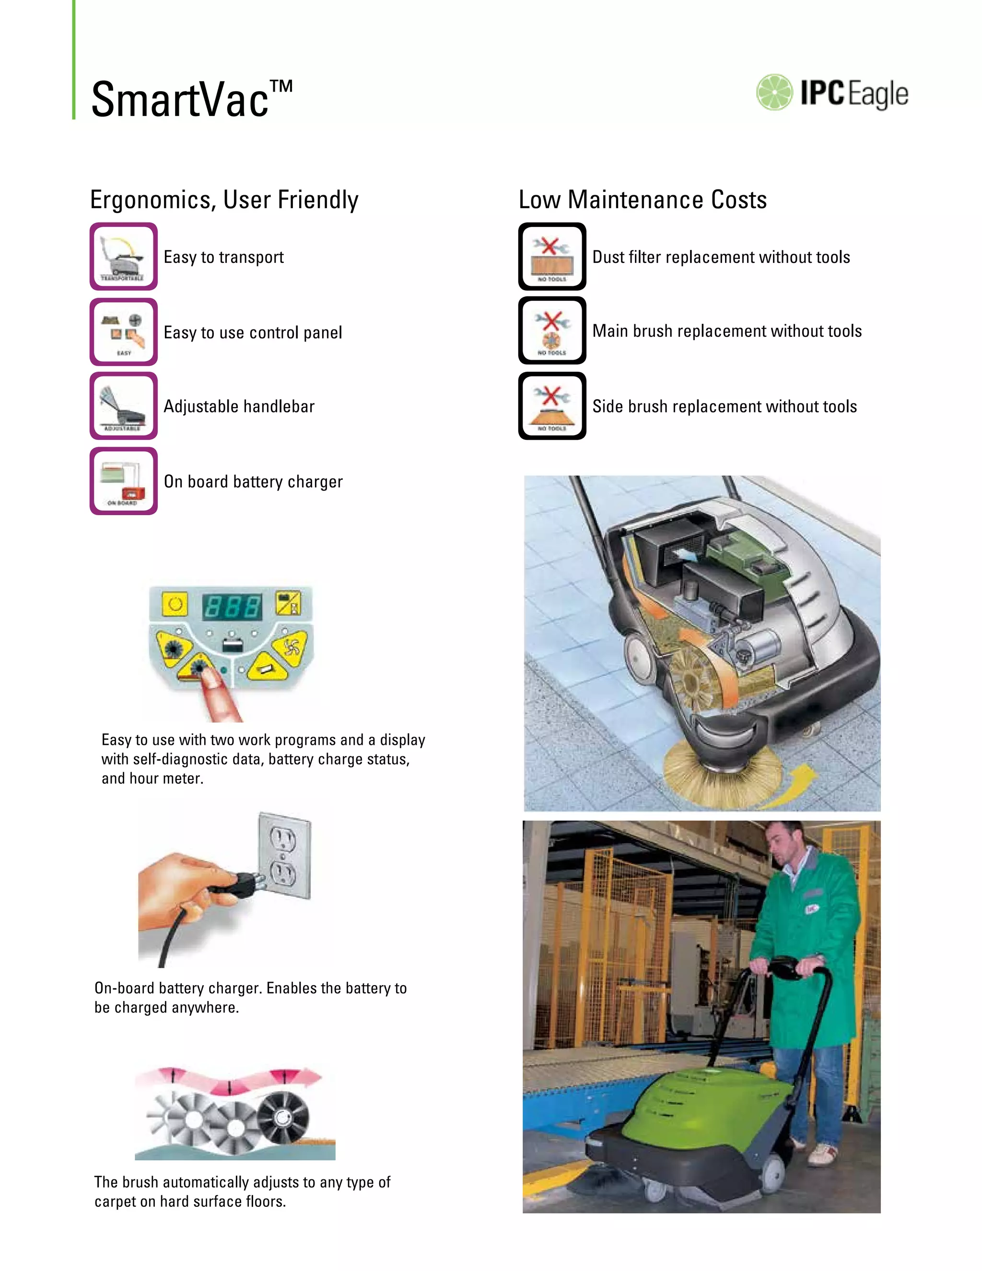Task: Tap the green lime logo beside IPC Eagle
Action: coord(774,93)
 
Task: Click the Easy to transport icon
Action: coord(123,257)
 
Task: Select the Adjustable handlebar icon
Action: coord(123,406)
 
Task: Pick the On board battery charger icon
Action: coord(123,481)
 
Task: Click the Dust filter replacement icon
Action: coord(551,257)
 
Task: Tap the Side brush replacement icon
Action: coord(551,406)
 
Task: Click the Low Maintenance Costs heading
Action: coord(642,200)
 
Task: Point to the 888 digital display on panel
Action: coord(232,607)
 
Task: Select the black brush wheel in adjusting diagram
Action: coord(283,1118)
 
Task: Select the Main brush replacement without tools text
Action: coord(726,331)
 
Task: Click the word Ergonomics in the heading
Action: coord(153,200)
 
